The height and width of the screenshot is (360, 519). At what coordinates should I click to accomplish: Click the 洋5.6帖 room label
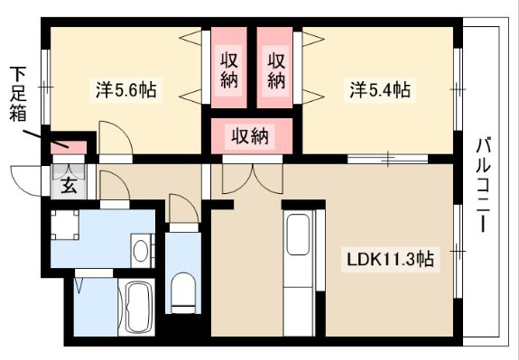[126, 89]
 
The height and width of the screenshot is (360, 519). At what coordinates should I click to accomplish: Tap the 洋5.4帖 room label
[380, 89]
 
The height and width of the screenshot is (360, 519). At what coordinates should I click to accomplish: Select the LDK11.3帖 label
[390, 259]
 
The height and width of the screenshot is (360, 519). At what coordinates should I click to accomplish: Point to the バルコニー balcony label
[483, 185]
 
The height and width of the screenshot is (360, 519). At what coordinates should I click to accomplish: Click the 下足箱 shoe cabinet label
[17, 94]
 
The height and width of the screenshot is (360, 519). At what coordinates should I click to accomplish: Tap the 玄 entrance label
[70, 186]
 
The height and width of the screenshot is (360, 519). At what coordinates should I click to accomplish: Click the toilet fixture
[183, 292]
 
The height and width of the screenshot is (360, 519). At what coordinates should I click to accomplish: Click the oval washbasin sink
[141, 251]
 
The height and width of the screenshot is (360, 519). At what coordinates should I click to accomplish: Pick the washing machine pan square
[65, 225]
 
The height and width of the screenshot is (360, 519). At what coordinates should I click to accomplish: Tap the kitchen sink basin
[298, 235]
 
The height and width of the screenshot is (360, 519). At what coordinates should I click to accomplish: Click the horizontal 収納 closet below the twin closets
[252, 136]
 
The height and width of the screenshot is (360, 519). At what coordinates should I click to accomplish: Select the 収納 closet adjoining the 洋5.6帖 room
[229, 68]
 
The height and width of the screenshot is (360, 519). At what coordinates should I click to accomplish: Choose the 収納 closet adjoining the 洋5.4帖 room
[274, 68]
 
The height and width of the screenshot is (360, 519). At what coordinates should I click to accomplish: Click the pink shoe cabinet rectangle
[69, 148]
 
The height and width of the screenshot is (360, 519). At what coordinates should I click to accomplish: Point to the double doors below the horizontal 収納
[253, 179]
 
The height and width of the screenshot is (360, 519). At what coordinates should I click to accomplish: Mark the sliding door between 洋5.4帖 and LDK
[387, 159]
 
